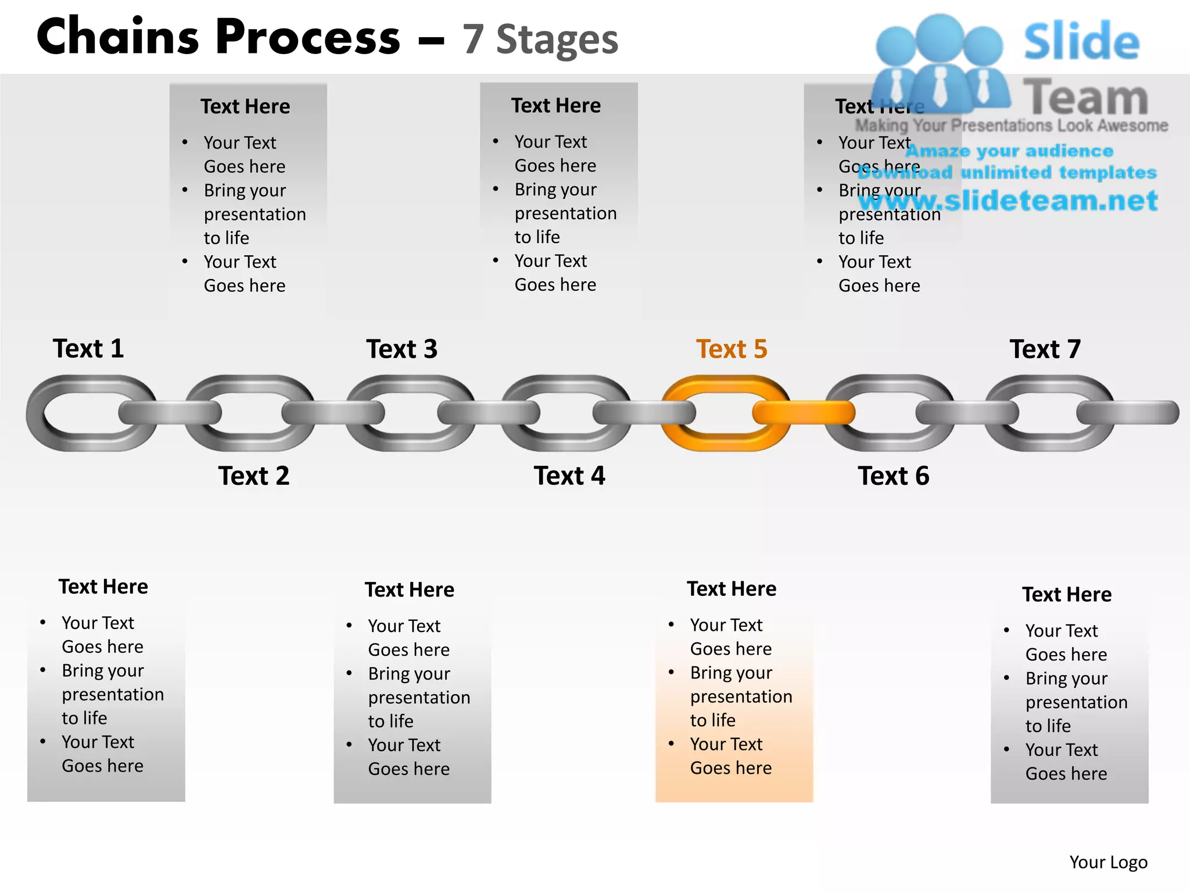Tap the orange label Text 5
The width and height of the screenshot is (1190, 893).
(x=732, y=349)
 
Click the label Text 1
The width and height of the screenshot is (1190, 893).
(x=88, y=349)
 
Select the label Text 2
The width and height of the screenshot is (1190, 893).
(x=253, y=476)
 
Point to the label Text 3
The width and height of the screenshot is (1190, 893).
(x=402, y=349)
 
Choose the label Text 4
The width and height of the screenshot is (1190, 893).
(x=569, y=476)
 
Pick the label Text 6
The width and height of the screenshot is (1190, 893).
(x=893, y=476)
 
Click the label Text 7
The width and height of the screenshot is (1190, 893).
(x=1045, y=349)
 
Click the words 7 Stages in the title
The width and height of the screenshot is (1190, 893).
(x=540, y=40)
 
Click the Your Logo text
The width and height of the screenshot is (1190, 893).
(x=1108, y=862)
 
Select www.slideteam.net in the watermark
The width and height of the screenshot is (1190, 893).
(x=1008, y=201)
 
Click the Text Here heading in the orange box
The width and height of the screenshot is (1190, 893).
(x=732, y=589)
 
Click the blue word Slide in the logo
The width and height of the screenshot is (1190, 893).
(x=1081, y=42)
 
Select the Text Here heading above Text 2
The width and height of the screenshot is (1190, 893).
(x=245, y=106)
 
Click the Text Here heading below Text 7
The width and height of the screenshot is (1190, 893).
(x=1067, y=595)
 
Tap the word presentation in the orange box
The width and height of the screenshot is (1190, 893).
(x=741, y=696)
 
